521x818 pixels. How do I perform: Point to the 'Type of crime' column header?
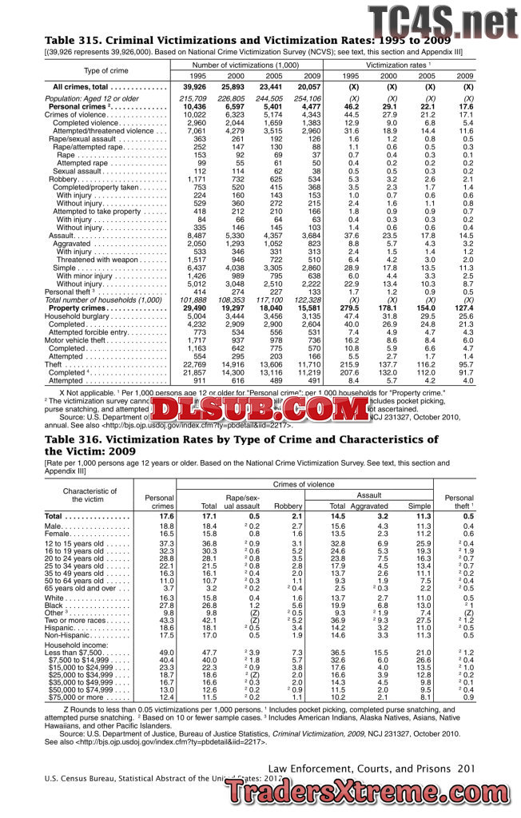click(x=106, y=70)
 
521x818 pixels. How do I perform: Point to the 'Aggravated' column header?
click(x=368, y=506)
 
